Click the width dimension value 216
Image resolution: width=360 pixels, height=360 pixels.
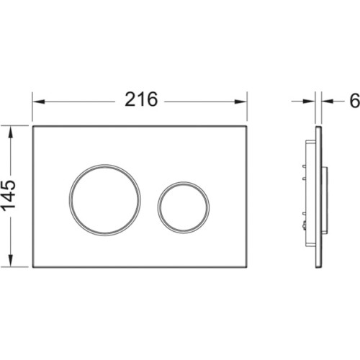point(141,99)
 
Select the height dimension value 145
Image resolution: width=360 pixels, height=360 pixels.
point(9,197)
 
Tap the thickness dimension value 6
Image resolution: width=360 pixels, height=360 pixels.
point(355,101)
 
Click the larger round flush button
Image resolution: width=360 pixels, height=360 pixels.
point(105,200)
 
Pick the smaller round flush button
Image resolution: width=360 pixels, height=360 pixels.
point(184,207)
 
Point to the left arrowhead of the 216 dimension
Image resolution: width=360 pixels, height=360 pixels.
point(39,102)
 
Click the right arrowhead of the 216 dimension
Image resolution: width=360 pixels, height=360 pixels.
point(240,102)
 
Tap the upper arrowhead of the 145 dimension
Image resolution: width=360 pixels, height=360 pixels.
point(10,132)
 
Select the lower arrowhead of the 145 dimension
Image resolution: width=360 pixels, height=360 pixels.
point(10,261)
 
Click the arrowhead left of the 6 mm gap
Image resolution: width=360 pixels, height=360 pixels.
point(309,102)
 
